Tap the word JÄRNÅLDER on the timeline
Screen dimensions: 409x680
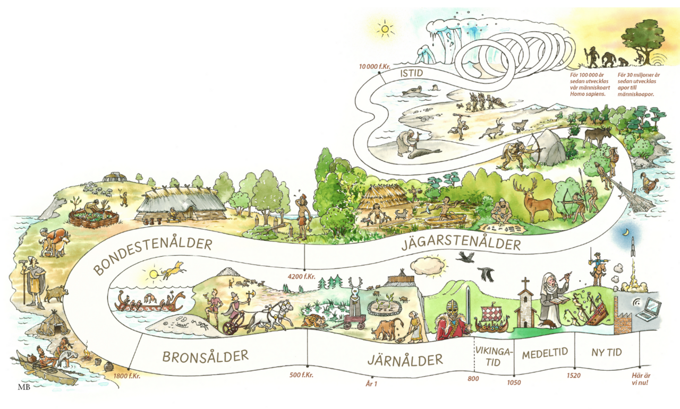tap(405, 360)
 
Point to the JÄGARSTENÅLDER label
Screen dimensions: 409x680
tap(461, 245)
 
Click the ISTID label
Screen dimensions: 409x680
tap(412, 75)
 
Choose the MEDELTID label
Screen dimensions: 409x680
tap(545, 353)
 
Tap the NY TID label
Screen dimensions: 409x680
tap(607, 352)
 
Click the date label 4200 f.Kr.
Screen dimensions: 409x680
tap(300, 276)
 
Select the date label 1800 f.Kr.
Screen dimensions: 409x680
tap(126, 376)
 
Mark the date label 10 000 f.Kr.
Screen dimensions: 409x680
tap(375, 66)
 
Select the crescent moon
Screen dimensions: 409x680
tap(627, 232)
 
